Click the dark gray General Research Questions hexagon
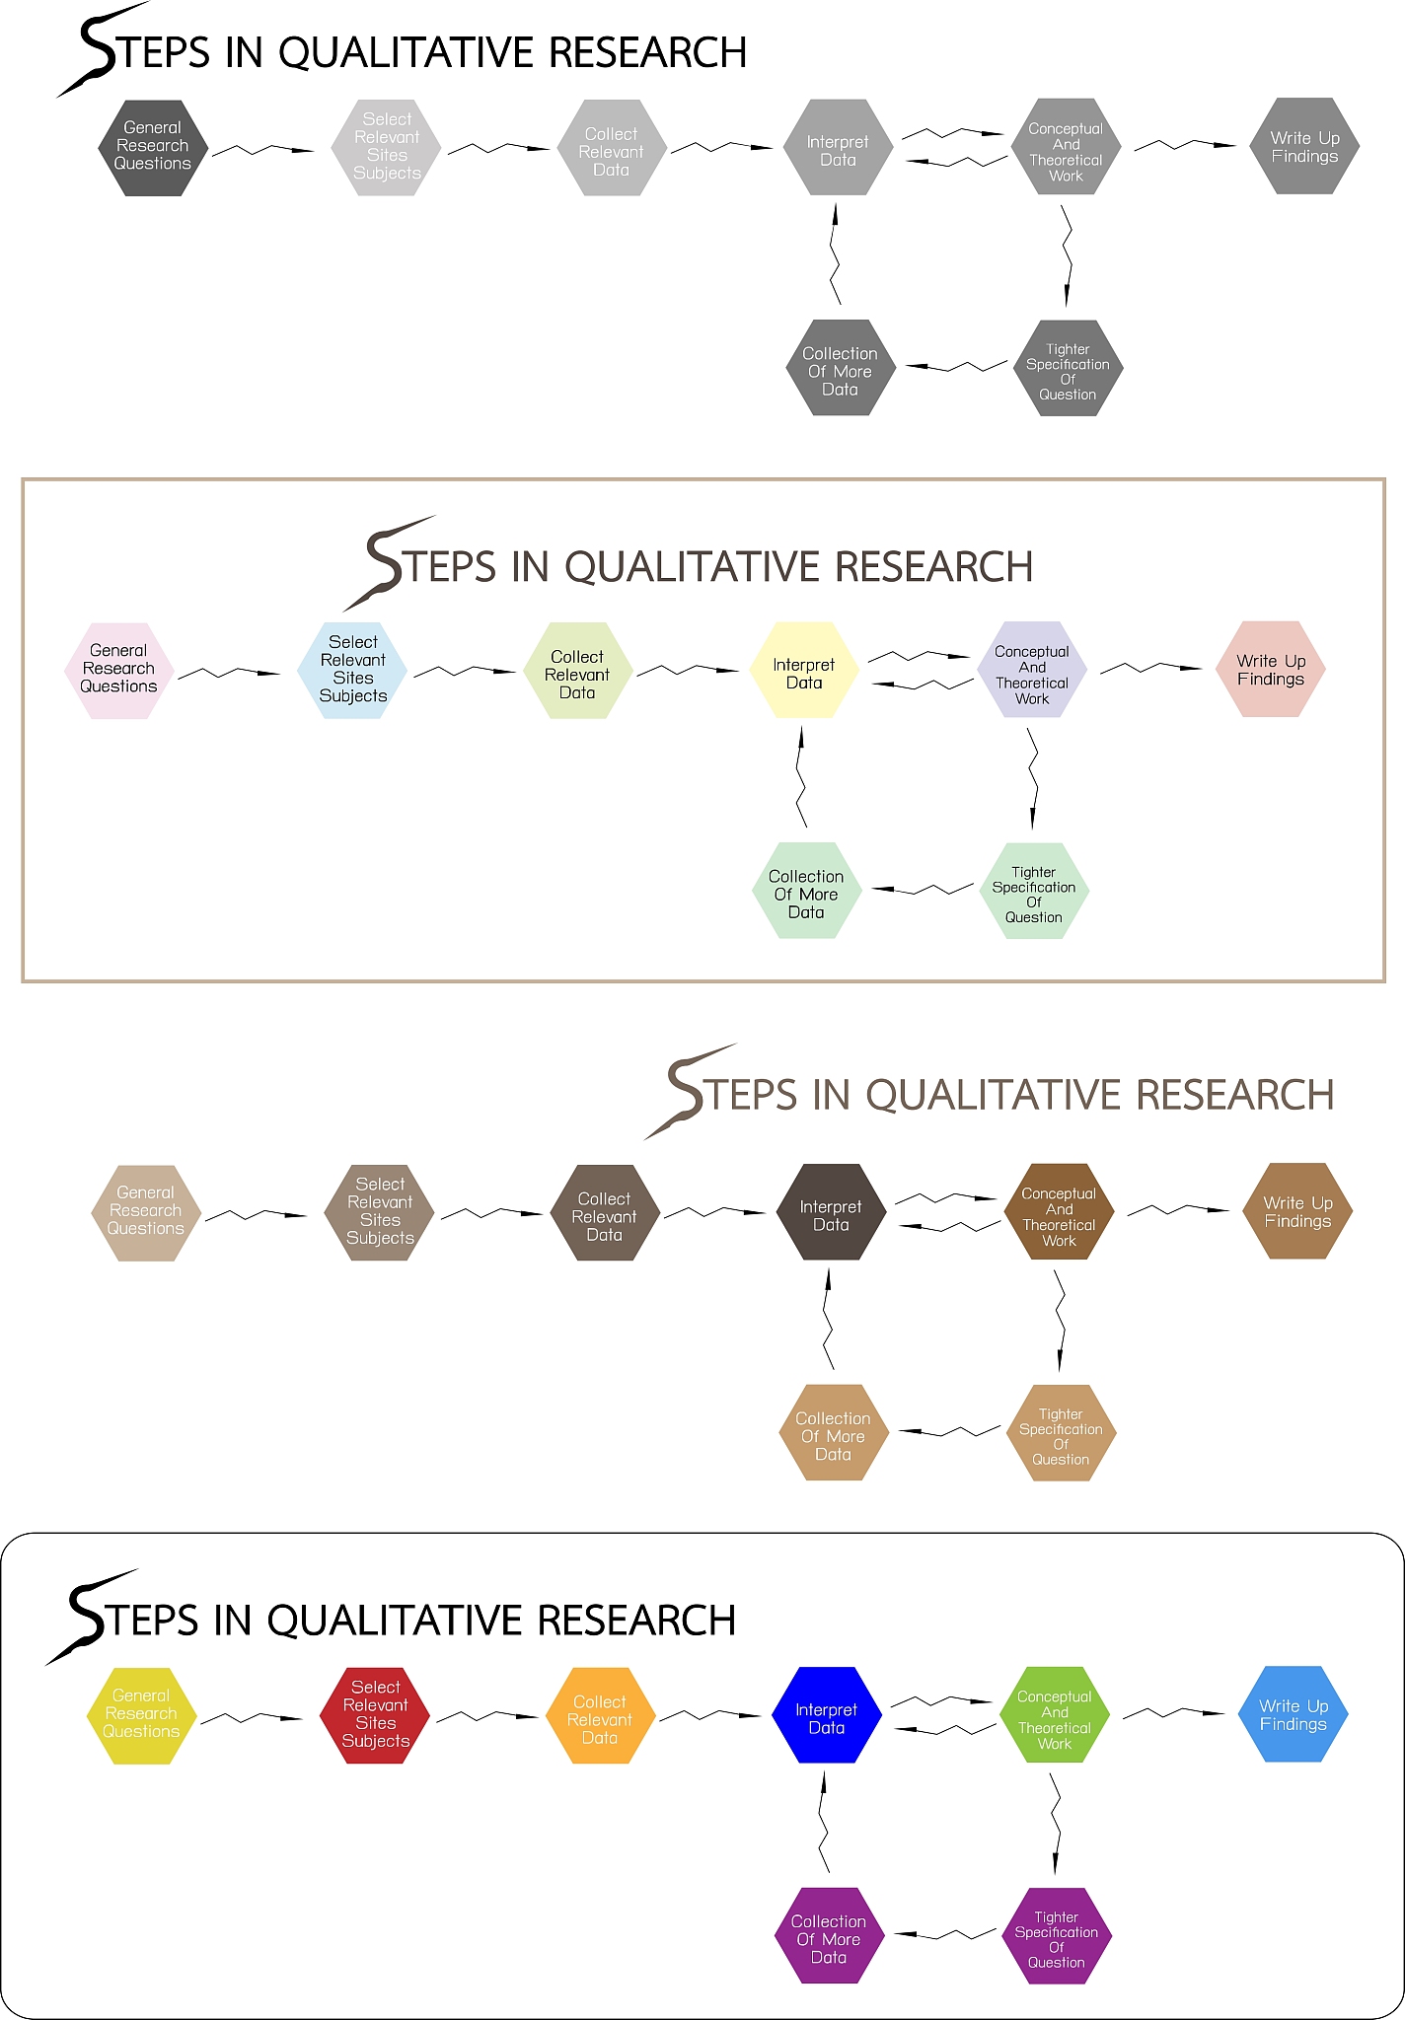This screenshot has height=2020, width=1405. [x=153, y=147]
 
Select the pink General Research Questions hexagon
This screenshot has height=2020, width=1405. [x=119, y=670]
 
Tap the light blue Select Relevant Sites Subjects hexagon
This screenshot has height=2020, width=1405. [x=353, y=670]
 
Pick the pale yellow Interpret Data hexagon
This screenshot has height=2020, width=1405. [x=804, y=670]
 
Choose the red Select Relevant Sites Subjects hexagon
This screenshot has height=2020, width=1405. [x=376, y=1715]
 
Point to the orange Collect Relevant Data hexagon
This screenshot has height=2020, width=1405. [x=600, y=1715]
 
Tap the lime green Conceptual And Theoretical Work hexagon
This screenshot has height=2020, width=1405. [x=1055, y=1715]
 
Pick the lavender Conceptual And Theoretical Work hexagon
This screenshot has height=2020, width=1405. [x=1032, y=670]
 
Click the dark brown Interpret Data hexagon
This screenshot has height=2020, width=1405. [x=831, y=1212]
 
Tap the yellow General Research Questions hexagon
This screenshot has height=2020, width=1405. [x=141, y=1715]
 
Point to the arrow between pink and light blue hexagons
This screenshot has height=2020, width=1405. [x=229, y=673]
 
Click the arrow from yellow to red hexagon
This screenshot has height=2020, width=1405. [x=252, y=1718]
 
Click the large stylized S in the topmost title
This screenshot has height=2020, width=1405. [x=99, y=49]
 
